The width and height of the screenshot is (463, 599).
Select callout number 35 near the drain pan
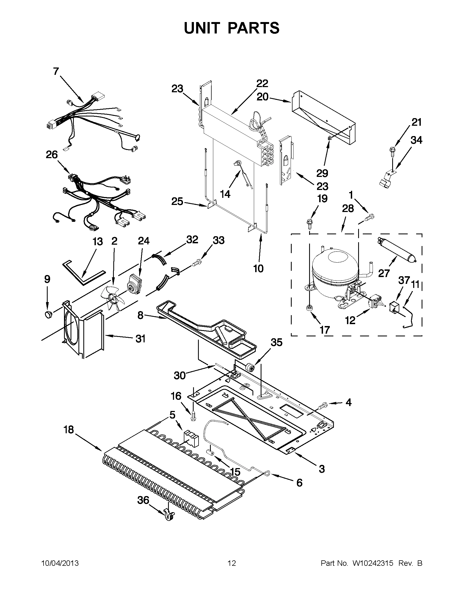tap(276, 342)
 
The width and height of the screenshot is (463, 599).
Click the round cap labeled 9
tap(48, 314)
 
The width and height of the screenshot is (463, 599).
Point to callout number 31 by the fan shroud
tap(140, 339)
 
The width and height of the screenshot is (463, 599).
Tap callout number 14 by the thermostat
tap(225, 194)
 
